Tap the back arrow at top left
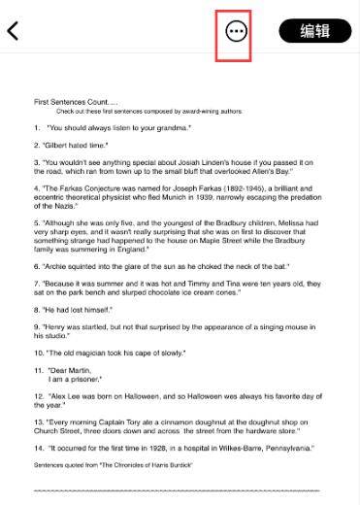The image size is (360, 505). coord(14,30)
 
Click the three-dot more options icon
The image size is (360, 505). coord(236,31)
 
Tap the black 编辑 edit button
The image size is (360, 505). coord(315,31)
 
